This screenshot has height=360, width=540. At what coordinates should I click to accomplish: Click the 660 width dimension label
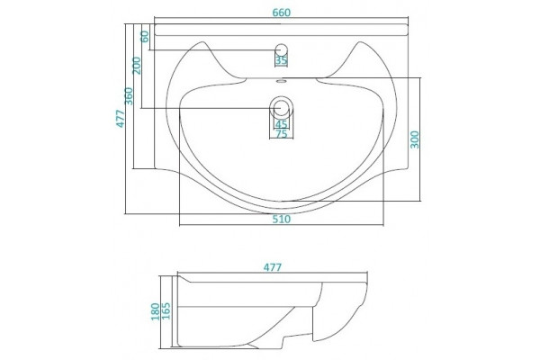point(282,13)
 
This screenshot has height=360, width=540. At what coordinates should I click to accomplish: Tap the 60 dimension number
point(145,36)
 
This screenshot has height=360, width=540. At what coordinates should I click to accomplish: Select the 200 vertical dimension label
point(137,65)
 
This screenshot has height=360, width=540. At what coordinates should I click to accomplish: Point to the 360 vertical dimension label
point(129,96)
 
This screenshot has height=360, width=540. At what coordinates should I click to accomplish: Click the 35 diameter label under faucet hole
point(282,60)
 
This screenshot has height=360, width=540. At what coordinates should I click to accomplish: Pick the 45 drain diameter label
point(282,123)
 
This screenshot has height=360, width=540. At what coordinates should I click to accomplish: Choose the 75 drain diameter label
point(282,134)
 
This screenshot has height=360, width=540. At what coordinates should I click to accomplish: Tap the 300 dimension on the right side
point(415,139)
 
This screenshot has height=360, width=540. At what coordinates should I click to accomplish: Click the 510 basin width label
point(282,219)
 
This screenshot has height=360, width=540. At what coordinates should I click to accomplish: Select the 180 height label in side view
point(156,311)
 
